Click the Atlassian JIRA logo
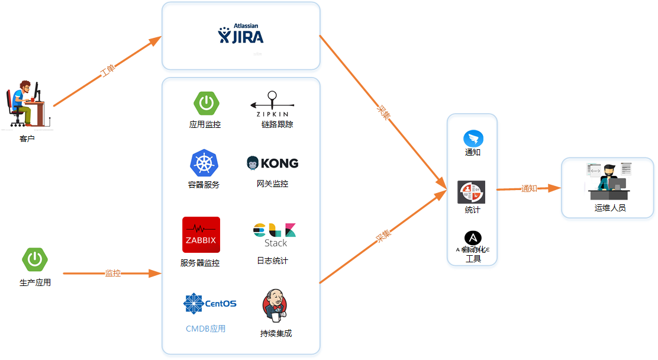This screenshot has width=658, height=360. click(x=241, y=35)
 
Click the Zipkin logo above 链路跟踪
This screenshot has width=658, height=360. click(x=272, y=104)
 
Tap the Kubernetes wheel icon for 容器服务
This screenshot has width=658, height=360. click(x=204, y=163)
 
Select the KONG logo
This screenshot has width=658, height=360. click(x=272, y=163)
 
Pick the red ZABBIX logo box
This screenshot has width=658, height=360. click(x=201, y=235)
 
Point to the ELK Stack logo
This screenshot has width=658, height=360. click(x=275, y=235)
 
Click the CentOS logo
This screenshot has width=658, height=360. click(x=210, y=304)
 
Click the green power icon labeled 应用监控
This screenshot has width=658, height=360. click(x=206, y=104)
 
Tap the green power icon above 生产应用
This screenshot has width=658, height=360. click(x=35, y=259)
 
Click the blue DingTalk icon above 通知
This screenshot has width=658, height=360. click(x=473, y=139)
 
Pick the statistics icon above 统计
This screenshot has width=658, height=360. click(x=472, y=192)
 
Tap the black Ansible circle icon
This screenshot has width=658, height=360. click(x=473, y=238)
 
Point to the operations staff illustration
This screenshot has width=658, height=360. click(x=609, y=181)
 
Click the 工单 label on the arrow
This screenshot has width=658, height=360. click(x=108, y=72)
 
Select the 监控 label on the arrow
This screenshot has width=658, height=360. click(x=113, y=274)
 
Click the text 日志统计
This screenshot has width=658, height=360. click(x=272, y=261)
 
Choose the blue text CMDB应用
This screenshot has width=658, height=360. click(x=206, y=329)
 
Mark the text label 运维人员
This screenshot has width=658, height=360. click(x=610, y=208)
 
